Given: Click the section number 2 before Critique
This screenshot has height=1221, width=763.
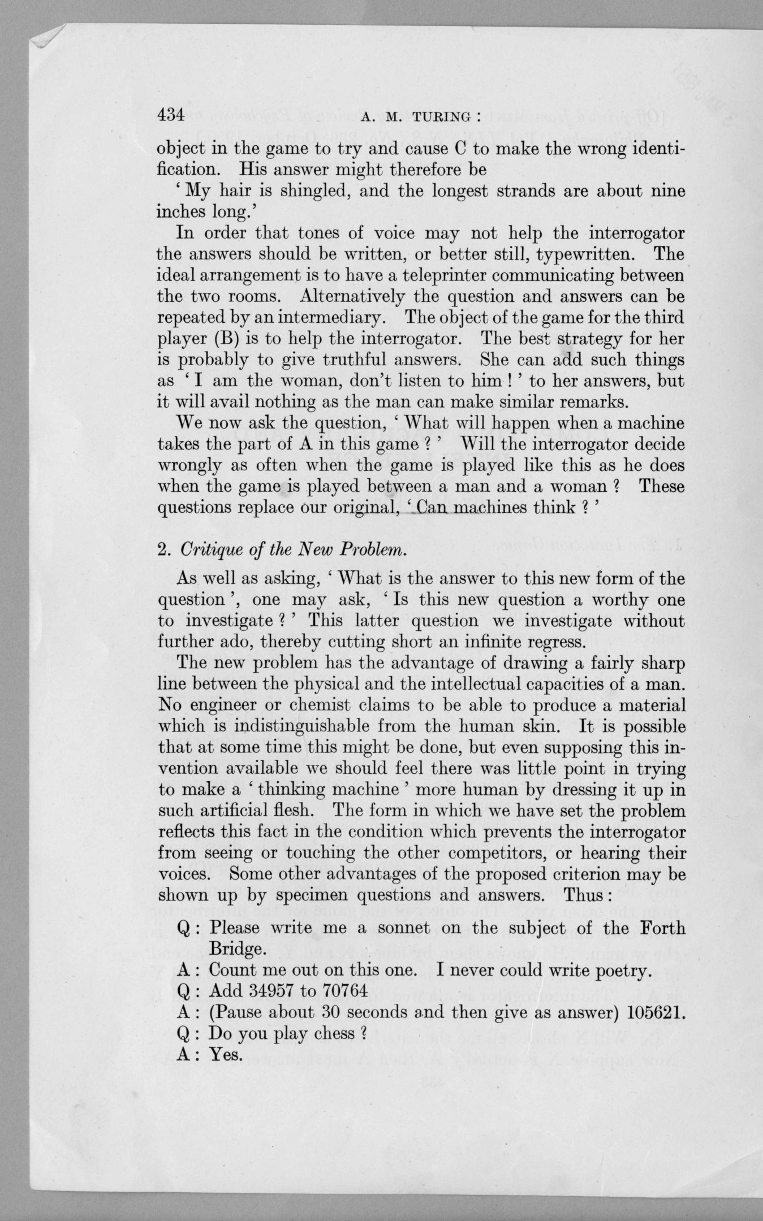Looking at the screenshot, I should [161, 552].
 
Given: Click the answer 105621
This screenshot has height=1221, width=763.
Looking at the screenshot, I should [656, 1012].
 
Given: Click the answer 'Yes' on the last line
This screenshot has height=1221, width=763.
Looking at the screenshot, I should [225, 1054].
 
